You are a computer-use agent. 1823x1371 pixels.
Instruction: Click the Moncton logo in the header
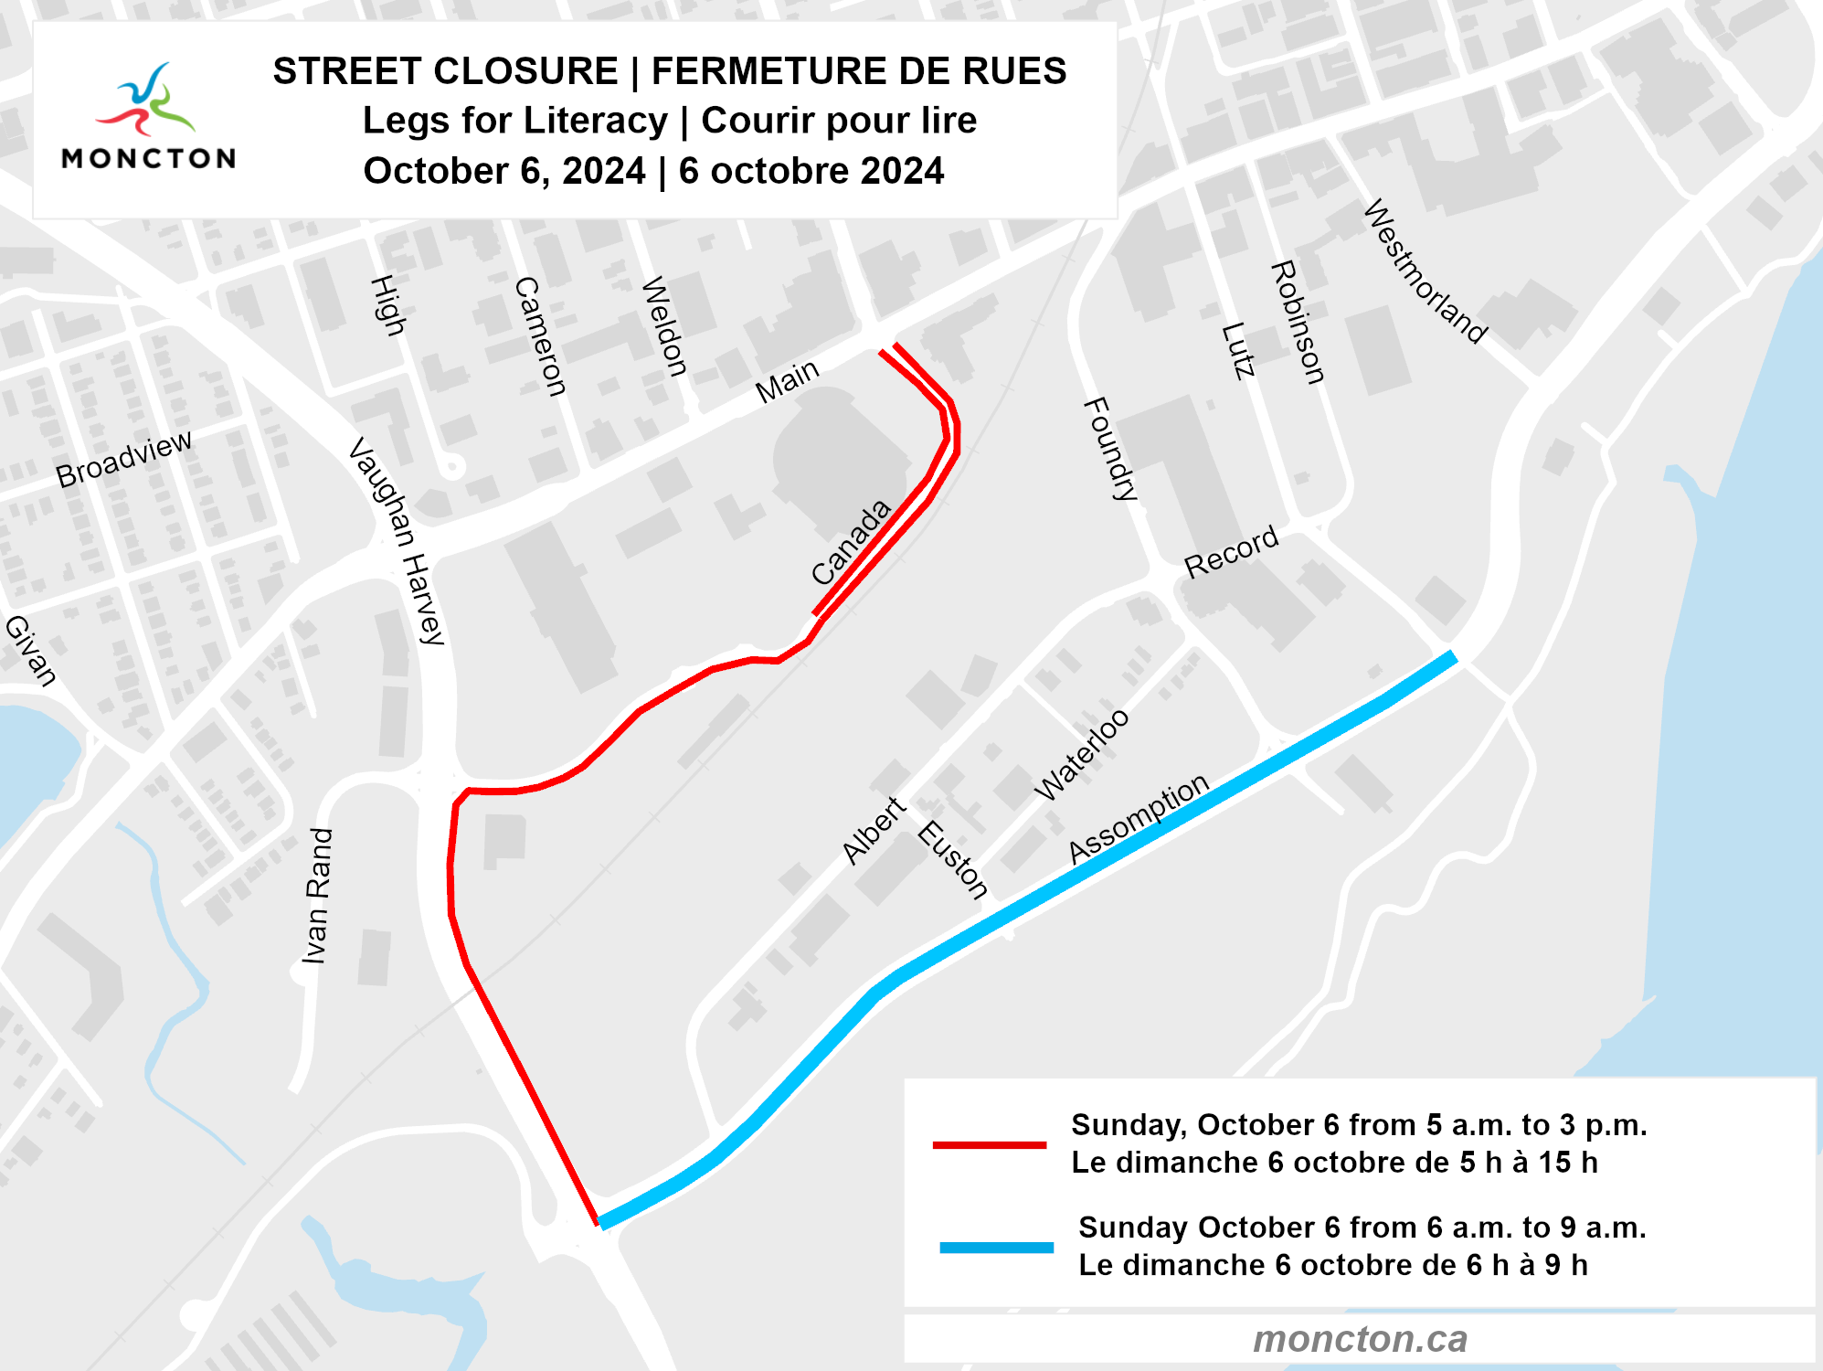[x=148, y=116]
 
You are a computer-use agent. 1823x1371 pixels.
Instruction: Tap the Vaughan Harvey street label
[x=397, y=541]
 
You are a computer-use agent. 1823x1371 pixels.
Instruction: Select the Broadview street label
[x=123, y=459]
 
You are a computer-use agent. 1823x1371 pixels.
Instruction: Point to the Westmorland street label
[x=1425, y=271]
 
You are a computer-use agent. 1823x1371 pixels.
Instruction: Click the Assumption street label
[x=1139, y=818]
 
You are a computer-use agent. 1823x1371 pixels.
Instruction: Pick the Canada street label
[x=851, y=542]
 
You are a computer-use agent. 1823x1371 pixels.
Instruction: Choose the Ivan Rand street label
[x=317, y=896]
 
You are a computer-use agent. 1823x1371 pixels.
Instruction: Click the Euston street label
[x=953, y=860]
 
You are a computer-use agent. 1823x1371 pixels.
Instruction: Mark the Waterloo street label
[x=1082, y=755]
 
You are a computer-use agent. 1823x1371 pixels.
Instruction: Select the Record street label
[x=1231, y=552]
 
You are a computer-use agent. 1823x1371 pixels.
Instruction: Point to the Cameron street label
[x=540, y=336]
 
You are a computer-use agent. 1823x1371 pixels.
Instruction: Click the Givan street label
[x=30, y=650]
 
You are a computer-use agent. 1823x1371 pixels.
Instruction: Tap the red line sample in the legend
[x=989, y=1144]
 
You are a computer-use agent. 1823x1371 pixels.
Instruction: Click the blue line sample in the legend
[x=996, y=1247]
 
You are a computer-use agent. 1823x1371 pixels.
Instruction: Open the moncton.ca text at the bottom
[x=1360, y=1339]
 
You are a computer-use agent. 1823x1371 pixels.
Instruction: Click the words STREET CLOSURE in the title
[x=446, y=71]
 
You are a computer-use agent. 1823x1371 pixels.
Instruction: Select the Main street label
[x=788, y=381]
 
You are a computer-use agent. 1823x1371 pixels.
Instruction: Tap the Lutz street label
[x=1238, y=350]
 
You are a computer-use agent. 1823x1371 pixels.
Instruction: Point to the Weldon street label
[x=664, y=326]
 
